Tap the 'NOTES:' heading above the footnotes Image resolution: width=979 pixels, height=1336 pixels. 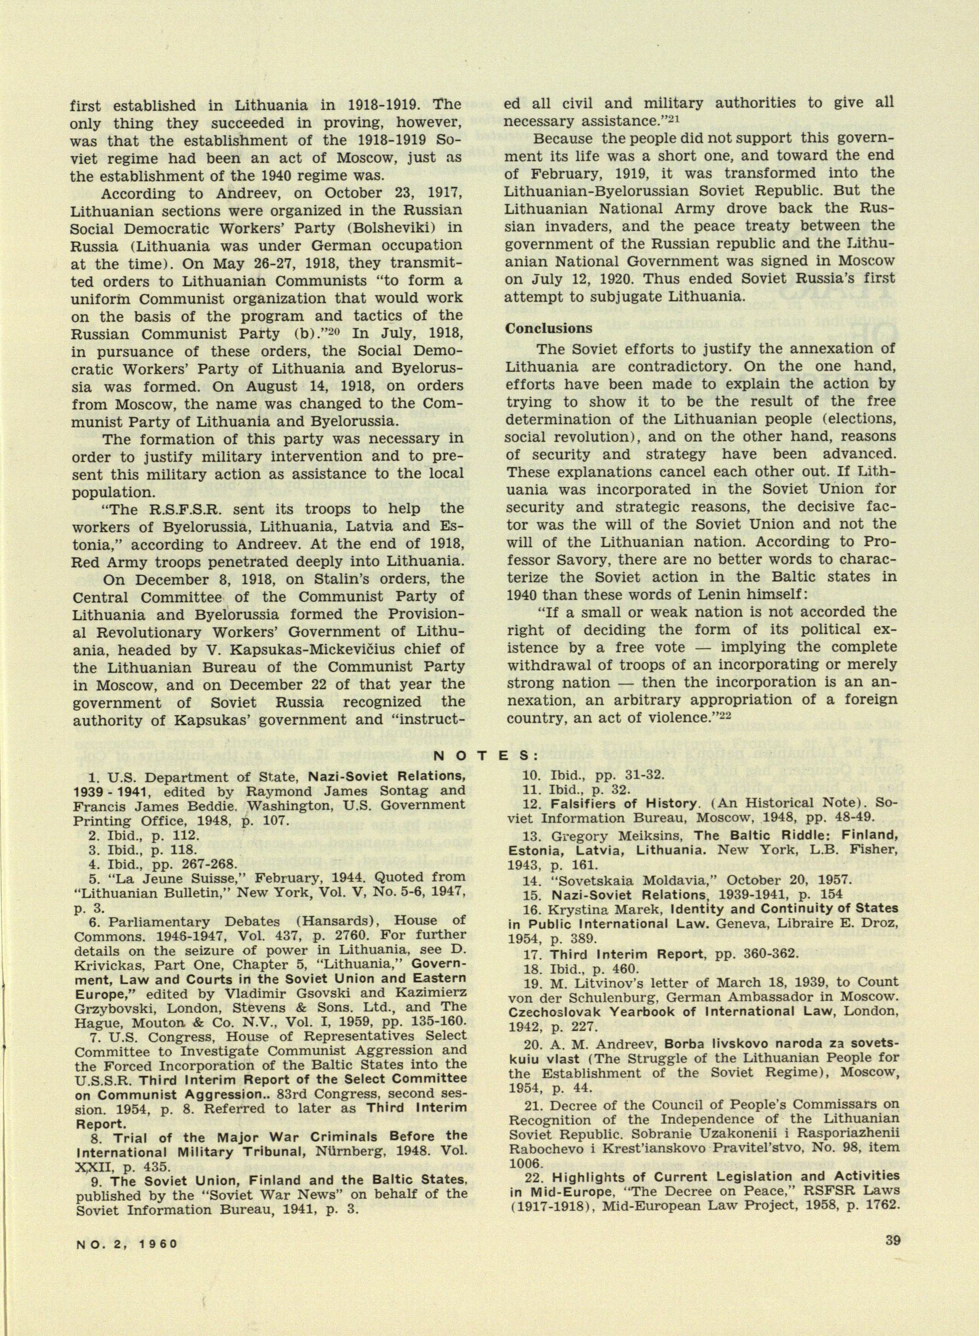click(x=486, y=756)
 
